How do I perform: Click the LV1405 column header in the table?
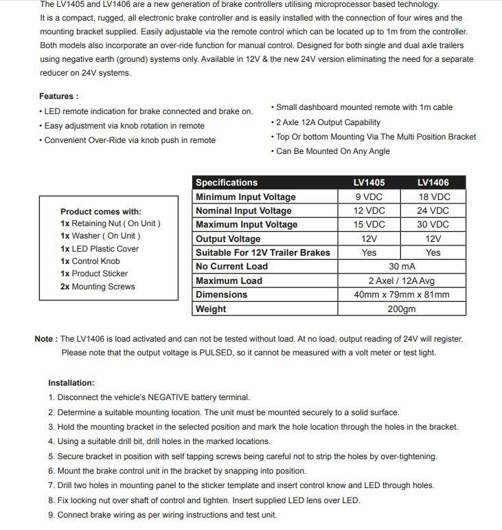click(x=369, y=183)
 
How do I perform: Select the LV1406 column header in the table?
click(x=433, y=183)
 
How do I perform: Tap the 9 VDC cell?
click(x=369, y=197)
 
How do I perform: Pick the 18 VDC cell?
click(x=433, y=197)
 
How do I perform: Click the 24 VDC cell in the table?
click(x=433, y=211)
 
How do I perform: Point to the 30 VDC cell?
click(x=433, y=225)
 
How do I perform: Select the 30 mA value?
click(x=402, y=267)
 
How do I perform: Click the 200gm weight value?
click(x=402, y=309)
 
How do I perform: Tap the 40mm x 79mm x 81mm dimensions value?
click(x=402, y=295)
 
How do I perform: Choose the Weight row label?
click(x=211, y=309)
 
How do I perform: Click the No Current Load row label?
click(x=231, y=267)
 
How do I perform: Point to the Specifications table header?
click(x=227, y=183)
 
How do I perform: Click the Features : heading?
click(x=59, y=96)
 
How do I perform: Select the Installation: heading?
click(x=71, y=383)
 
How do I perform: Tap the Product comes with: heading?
click(x=101, y=212)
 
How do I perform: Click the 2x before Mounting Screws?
click(x=65, y=287)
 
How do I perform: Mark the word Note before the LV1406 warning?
click(x=44, y=339)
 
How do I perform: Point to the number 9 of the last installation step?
click(x=51, y=515)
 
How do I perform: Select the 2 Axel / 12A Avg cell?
click(x=402, y=280)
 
